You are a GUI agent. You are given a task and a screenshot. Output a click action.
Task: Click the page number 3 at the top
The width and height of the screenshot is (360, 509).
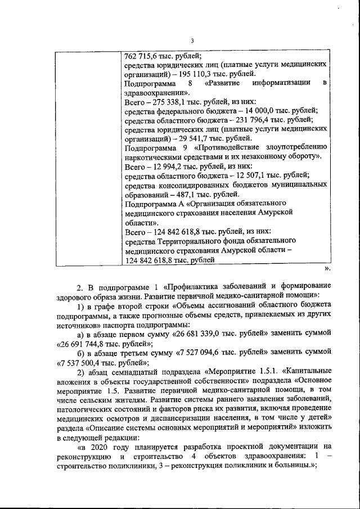tap(192, 40)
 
